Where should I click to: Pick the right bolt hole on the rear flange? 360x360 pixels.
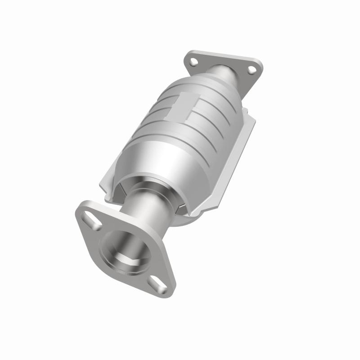[252, 69]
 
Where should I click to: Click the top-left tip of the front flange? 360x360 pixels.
[81, 207]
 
